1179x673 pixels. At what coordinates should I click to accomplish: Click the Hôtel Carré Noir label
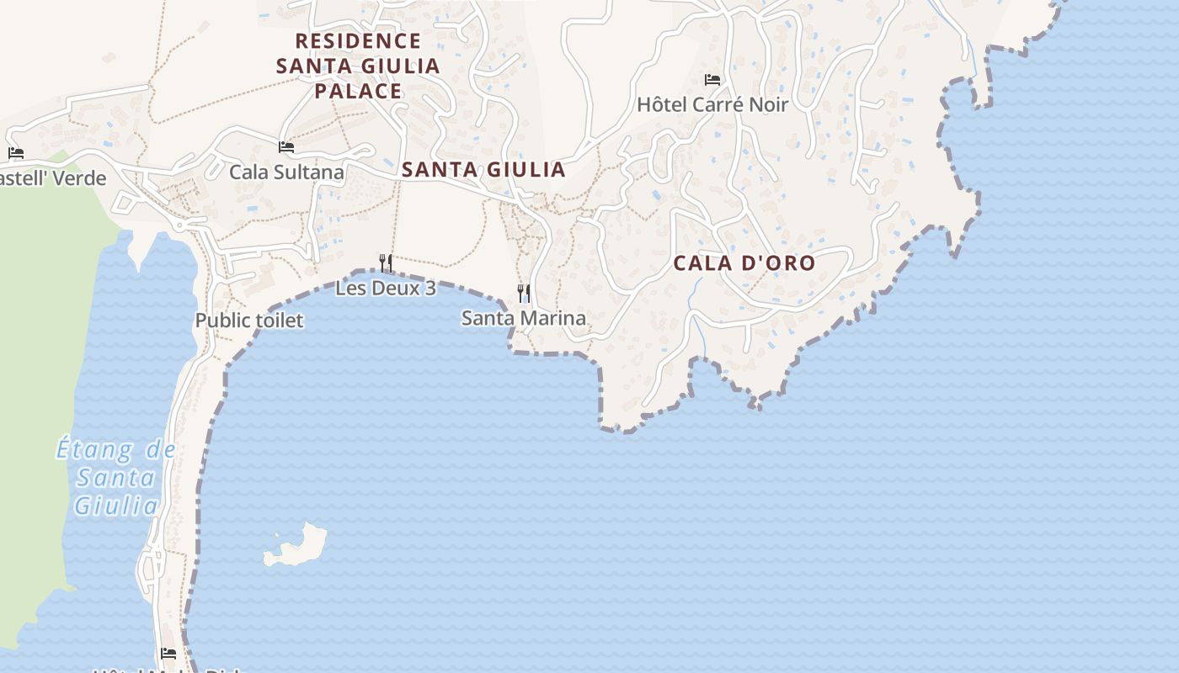(x=712, y=104)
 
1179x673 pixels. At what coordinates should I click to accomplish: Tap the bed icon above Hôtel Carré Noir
(x=712, y=80)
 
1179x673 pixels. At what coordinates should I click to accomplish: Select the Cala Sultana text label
(x=286, y=172)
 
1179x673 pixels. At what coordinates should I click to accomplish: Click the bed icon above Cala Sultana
(x=286, y=147)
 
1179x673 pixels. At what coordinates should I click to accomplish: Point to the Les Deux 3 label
(x=386, y=288)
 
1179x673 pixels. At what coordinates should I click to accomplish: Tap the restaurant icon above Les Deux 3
(x=386, y=262)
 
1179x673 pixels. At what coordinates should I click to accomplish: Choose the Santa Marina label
(x=523, y=318)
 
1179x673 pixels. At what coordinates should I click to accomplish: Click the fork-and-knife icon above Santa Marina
(x=524, y=293)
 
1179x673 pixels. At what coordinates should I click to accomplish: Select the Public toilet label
(x=249, y=321)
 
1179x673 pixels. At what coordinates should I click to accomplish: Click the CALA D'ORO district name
(x=744, y=262)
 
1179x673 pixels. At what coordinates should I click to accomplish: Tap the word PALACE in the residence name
(x=358, y=91)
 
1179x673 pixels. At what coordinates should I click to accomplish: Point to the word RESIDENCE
(x=358, y=40)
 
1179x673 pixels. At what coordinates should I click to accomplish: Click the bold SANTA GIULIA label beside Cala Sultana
(x=483, y=169)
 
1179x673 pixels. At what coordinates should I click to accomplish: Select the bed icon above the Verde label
(x=16, y=153)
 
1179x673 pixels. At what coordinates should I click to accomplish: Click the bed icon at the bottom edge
(x=168, y=653)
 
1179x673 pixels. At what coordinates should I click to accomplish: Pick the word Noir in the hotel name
(x=765, y=104)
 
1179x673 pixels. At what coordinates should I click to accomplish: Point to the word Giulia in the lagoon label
(x=116, y=506)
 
